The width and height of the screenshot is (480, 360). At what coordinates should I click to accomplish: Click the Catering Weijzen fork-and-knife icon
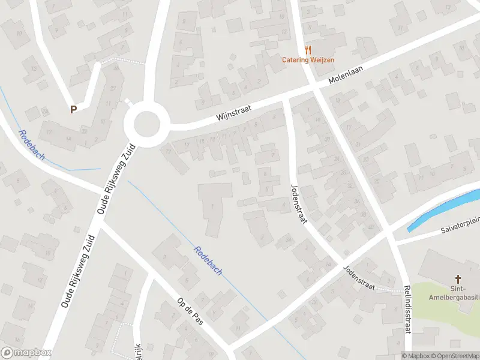pos(308,50)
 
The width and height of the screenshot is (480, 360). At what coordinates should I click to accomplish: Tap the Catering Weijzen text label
pos(308,60)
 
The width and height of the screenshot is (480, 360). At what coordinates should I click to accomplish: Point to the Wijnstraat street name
pos(233,112)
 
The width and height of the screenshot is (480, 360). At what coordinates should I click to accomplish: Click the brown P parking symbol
pos(73,110)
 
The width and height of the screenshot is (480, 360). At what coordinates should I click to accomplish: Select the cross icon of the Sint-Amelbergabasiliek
pos(458,278)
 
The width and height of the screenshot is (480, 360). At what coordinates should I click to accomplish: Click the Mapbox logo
pos(26,353)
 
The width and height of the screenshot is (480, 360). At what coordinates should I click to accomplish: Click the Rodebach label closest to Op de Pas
pos(208,260)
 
